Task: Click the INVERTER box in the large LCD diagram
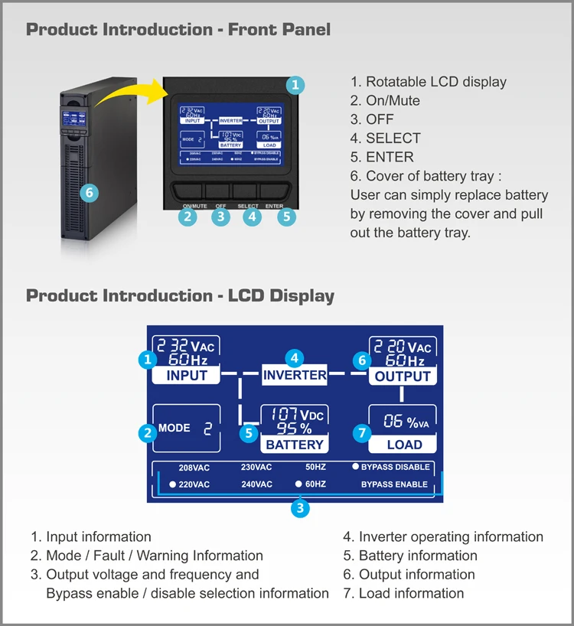(x=295, y=375)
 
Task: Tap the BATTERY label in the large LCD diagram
(x=295, y=444)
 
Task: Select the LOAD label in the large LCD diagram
(x=403, y=444)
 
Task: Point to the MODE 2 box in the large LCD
(x=186, y=428)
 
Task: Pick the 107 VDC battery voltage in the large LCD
(x=295, y=415)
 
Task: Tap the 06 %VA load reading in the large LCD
(x=403, y=421)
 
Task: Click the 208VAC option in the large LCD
(x=194, y=468)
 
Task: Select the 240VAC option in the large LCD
(x=256, y=484)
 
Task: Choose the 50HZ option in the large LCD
(x=315, y=468)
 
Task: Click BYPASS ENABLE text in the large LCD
(x=394, y=484)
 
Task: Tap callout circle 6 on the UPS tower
(x=90, y=193)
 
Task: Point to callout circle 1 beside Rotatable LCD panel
(x=296, y=85)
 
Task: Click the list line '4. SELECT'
(x=386, y=138)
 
